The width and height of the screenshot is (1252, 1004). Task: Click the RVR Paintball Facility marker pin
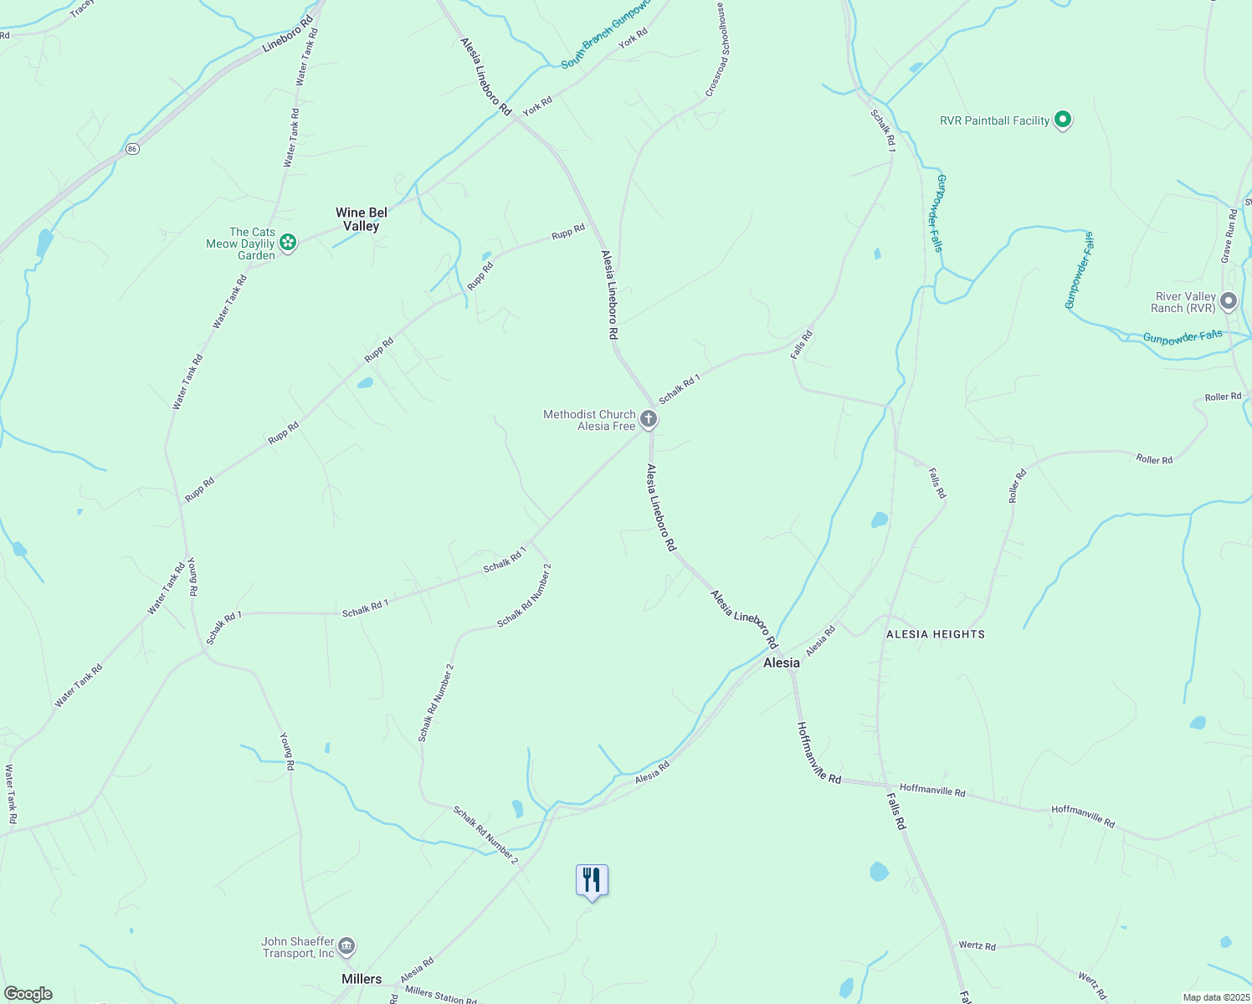(x=1062, y=120)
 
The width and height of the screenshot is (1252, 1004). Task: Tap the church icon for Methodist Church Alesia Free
(x=648, y=418)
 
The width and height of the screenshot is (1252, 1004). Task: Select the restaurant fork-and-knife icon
(x=592, y=880)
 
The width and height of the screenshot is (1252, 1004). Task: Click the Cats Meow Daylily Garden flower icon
(x=288, y=243)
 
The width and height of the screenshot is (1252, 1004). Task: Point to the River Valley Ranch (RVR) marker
(x=1228, y=301)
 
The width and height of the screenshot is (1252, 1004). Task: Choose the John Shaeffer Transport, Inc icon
(x=346, y=946)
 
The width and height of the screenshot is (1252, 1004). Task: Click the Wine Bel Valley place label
(x=362, y=219)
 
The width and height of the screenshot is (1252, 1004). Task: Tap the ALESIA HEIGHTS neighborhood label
(x=935, y=634)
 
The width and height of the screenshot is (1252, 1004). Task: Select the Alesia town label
(x=781, y=663)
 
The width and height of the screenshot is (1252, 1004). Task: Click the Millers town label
(x=362, y=979)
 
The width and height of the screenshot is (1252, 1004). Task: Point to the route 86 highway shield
(x=132, y=148)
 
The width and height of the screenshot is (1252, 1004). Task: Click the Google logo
(x=28, y=994)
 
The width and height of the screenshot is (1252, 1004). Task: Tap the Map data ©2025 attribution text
(x=1215, y=997)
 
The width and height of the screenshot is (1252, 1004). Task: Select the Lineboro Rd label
(x=287, y=33)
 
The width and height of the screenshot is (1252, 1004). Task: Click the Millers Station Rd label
(x=440, y=995)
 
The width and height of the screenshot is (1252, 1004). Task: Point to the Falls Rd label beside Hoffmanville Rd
(x=895, y=812)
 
